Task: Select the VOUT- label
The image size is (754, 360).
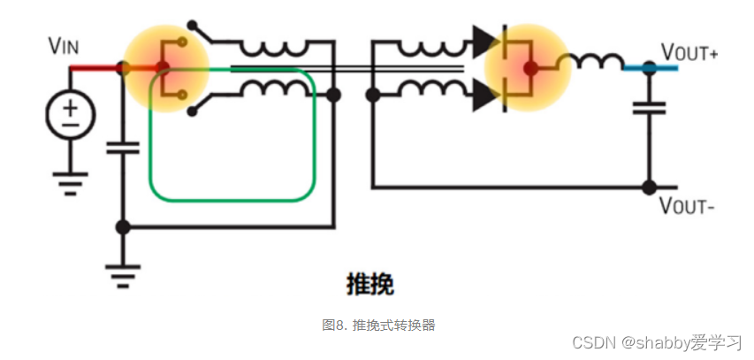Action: point(686,207)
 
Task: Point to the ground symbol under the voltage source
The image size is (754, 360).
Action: point(70,181)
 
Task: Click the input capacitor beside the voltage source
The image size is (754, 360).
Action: point(123,146)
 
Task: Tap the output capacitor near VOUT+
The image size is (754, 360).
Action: point(650,108)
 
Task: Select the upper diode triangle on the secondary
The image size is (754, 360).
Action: point(484,39)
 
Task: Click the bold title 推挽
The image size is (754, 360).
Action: point(369,285)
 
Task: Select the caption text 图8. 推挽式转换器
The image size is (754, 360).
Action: point(379,325)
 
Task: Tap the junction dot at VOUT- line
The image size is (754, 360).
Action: point(650,187)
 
